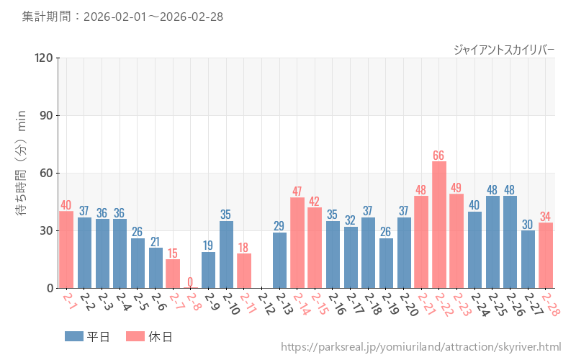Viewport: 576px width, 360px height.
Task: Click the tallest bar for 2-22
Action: click(439, 225)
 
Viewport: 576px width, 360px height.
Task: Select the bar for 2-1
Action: click(66, 249)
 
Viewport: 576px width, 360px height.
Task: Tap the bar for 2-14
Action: click(297, 243)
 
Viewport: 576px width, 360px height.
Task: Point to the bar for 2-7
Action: click(173, 274)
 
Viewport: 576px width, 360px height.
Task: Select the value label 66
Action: click(439, 156)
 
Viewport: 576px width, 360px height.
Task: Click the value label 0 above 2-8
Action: click(191, 282)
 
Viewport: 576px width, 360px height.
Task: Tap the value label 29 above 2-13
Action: click(279, 226)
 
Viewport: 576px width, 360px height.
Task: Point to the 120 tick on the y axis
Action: click(44, 58)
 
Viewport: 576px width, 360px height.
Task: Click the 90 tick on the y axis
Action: click(47, 115)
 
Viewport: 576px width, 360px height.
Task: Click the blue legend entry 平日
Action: click(87, 336)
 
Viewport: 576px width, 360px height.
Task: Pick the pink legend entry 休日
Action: click(148, 336)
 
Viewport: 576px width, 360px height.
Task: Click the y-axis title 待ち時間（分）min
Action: click(21, 173)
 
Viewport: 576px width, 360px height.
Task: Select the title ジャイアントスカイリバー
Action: click(504, 49)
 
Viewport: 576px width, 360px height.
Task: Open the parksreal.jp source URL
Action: click(420, 348)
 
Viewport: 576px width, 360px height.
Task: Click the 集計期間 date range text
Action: click(122, 16)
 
